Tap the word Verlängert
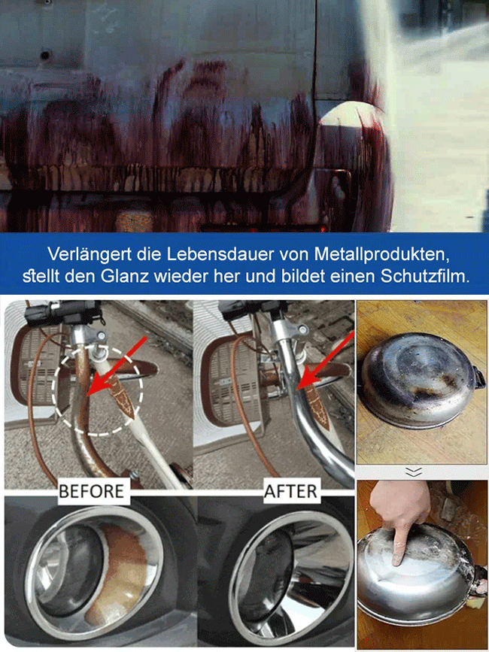[x=82, y=253]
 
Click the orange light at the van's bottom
[x=132, y=223]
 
